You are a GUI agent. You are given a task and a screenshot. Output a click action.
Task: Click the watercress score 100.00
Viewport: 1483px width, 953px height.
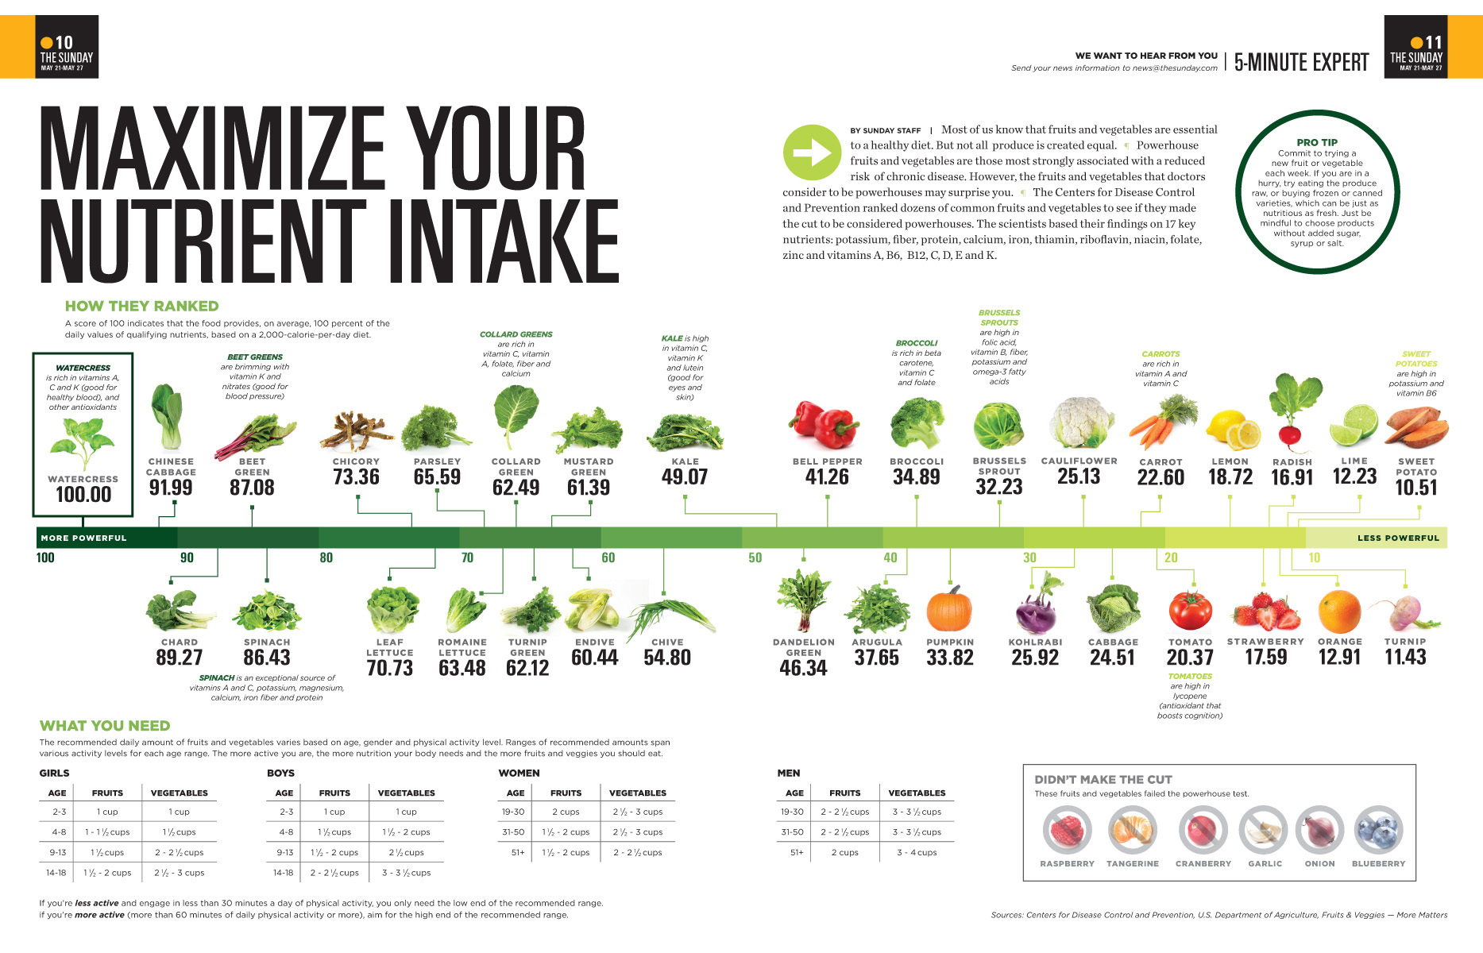tap(83, 494)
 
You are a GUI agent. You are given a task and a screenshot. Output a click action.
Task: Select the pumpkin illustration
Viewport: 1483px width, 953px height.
tap(949, 609)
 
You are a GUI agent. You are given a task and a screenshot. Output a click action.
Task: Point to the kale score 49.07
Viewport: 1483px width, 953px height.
tap(685, 476)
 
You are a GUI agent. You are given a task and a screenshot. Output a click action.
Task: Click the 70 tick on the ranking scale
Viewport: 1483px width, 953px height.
tap(467, 558)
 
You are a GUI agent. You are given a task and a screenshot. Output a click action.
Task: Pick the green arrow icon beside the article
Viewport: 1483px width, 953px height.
tap(811, 152)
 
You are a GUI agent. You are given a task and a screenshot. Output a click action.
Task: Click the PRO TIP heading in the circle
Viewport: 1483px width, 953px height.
tap(1317, 142)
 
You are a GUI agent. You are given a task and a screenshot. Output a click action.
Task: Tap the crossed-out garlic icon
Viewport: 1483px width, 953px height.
tap(1264, 830)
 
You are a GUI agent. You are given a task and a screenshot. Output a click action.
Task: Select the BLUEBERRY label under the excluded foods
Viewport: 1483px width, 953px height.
tap(1378, 863)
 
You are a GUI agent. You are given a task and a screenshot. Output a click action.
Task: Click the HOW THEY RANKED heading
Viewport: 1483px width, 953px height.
tap(141, 306)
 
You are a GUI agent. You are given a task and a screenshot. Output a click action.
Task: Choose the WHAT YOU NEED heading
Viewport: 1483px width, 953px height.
tap(105, 726)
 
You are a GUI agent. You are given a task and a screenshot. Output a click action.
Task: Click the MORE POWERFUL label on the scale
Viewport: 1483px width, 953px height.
tap(83, 538)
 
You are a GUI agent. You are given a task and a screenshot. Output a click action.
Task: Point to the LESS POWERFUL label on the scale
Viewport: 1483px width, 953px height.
tap(1398, 538)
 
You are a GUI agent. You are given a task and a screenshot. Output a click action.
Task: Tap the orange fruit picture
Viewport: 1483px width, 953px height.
tap(1339, 612)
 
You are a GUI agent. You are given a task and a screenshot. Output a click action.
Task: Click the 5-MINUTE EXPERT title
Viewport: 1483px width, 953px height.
tap(1301, 62)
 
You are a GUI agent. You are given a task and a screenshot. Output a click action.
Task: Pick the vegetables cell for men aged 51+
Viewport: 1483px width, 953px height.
tap(917, 852)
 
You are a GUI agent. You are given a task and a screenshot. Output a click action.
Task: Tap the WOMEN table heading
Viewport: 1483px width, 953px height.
tap(519, 773)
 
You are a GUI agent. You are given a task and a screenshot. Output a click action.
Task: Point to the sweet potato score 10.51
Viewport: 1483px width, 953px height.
tap(1416, 488)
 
